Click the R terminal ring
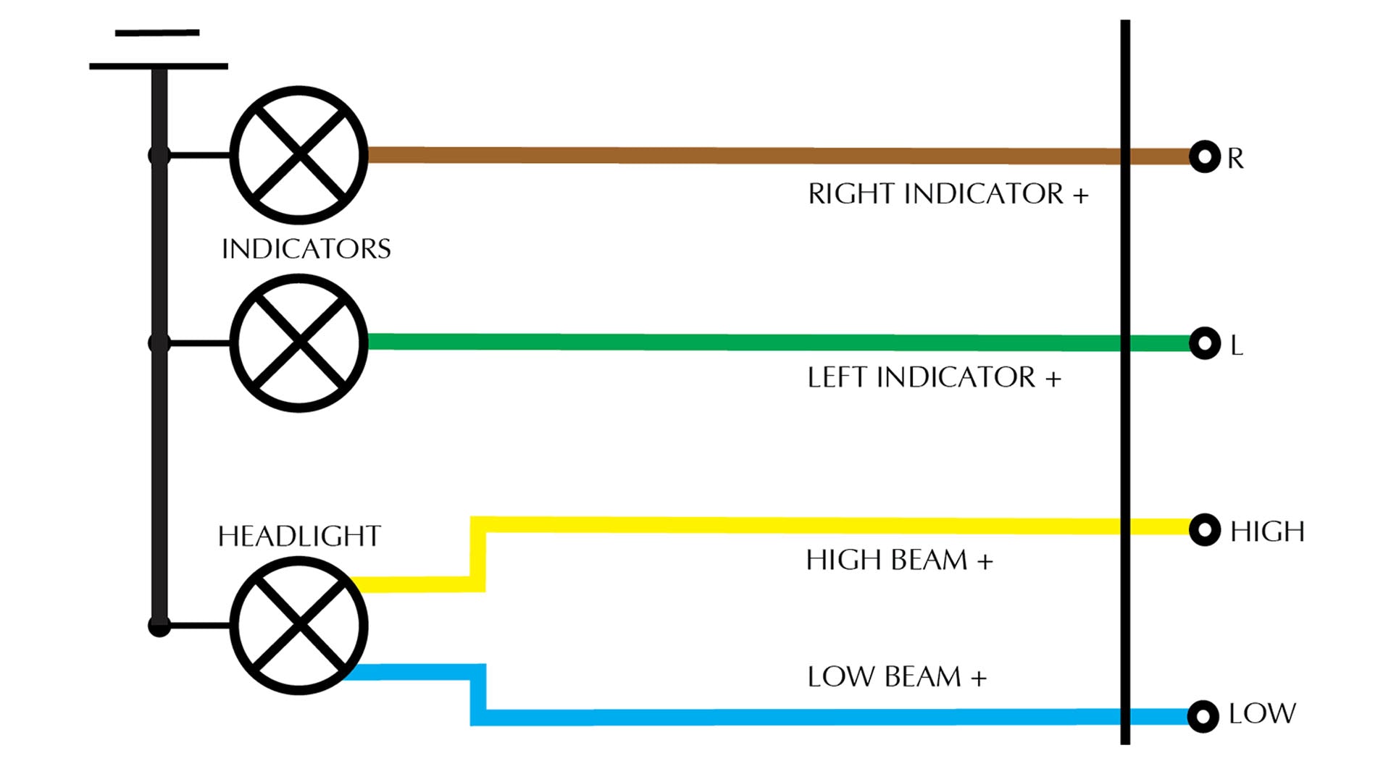(1205, 156)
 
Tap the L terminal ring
(1205, 343)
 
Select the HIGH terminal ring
(1205, 530)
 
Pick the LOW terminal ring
(1203, 716)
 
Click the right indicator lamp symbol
(298, 155)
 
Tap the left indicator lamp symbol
(298, 342)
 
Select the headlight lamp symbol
(298, 625)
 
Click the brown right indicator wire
(724, 155)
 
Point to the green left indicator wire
(724, 342)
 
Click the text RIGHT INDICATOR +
(948, 194)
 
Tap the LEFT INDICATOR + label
(934, 377)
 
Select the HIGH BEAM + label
(899, 560)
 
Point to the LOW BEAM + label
(897, 677)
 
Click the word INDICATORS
(306, 249)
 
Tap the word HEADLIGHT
(299, 537)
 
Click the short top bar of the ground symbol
(157, 33)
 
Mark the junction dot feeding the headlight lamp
(159, 626)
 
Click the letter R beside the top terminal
(1235, 158)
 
